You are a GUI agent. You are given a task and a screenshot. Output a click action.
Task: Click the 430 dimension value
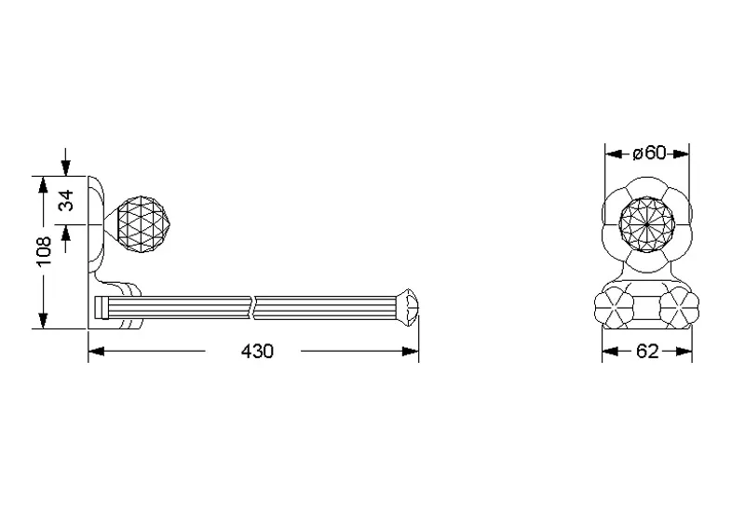pos(257,352)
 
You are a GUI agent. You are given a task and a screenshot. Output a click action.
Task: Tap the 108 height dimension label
pos(44,251)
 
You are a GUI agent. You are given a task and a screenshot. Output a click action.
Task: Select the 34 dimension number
pos(66,200)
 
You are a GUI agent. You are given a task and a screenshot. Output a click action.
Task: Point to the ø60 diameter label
pos(649,153)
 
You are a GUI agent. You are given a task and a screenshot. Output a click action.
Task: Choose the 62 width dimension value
pos(647,352)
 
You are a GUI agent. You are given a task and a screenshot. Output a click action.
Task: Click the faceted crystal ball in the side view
pos(142,223)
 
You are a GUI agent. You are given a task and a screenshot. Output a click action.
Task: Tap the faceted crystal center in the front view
pos(647,223)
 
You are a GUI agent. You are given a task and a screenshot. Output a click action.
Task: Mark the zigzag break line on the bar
pos(252,307)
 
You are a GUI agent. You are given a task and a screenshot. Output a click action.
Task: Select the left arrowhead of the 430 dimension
pos(97,352)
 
